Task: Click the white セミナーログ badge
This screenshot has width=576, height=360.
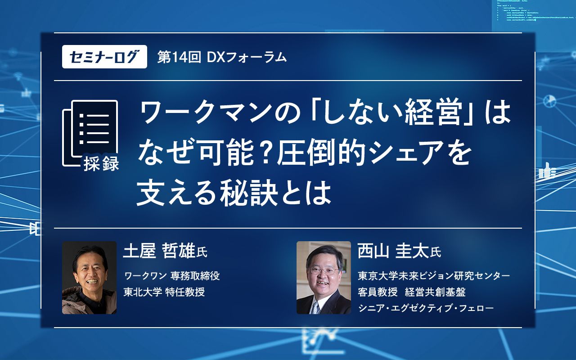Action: point(104,57)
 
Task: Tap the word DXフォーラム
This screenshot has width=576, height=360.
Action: point(247,57)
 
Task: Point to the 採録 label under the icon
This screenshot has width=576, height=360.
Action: point(101,164)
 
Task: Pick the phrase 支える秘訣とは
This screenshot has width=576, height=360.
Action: point(234,193)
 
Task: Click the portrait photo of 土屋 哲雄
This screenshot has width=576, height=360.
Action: point(89,277)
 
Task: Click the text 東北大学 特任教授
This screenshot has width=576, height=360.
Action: point(164,292)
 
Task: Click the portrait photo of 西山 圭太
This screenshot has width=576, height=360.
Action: point(324,277)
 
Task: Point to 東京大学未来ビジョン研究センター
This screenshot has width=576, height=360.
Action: point(434,275)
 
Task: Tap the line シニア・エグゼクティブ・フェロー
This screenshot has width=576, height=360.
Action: point(425,308)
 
